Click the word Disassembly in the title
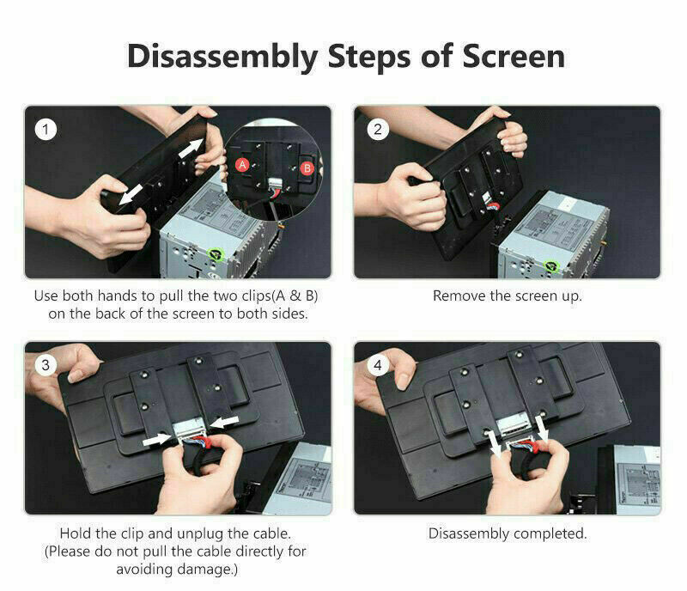point(222,58)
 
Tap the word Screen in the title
point(514,57)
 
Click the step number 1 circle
point(46,130)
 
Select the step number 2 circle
point(378,130)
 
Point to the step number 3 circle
point(46,365)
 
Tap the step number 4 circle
point(378,365)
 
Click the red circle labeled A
point(242,165)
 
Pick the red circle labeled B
point(307,168)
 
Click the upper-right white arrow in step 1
point(192,148)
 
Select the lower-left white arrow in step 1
point(131,194)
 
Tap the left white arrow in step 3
point(158,440)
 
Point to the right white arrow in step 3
point(224,422)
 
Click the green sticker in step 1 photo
point(216,254)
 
